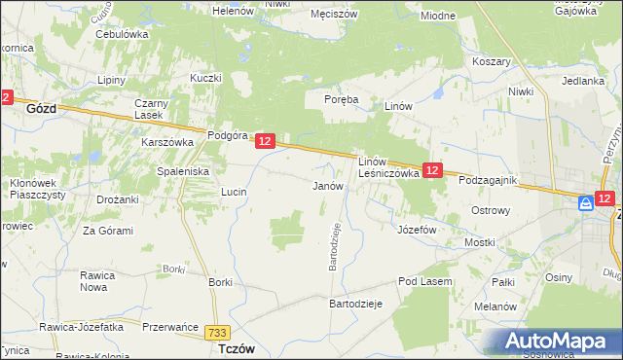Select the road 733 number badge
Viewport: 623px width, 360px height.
(219, 333)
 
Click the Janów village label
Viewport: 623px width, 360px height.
(327, 185)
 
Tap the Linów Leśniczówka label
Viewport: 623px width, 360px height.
(388, 166)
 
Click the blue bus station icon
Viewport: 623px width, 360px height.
(586, 203)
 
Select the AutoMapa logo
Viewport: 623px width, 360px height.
(554, 342)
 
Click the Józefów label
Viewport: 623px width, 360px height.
(417, 230)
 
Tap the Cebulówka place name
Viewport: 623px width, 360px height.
(122, 33)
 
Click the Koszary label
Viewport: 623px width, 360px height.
(492, 60)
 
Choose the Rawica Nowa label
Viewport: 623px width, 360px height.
(99, 280)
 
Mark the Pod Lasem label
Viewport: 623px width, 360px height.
(421, 281)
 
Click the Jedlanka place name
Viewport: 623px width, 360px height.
(583, 81)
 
